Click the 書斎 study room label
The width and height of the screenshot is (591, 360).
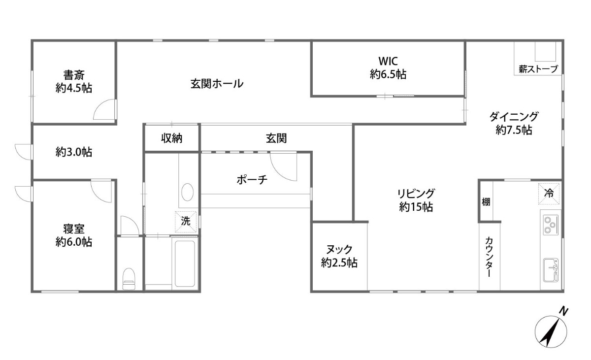pos(73,75)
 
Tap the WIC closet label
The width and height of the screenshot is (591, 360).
pos(388,61)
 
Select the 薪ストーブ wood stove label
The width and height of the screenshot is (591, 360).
pos(538,69)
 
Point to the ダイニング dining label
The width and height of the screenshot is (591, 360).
pos(514,117)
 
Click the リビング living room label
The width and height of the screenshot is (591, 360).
pos(416,194)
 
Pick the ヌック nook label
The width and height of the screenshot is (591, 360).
pos(339,249)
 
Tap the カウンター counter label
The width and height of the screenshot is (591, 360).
pos(489,257)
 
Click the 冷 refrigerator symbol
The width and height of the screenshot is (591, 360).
pos(549,194)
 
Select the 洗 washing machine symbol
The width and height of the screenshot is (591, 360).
pos(186,222)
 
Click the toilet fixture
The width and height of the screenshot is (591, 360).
pos(129,279)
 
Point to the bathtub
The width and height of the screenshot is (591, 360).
pos(185,263)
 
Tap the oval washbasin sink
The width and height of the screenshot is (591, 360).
pos(187,192)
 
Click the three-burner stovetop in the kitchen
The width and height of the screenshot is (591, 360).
pos(551,225)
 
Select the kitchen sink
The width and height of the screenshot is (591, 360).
pos(551,270)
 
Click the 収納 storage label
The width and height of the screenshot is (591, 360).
pos(172,138)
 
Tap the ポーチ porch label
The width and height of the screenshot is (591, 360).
pos(252,180)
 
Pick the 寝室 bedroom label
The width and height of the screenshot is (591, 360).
pos(73,229)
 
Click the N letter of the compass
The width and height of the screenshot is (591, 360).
pos(564,311)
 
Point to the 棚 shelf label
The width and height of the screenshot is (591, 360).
pos(486,202)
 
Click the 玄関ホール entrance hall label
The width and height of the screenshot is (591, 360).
pos(217,84)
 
